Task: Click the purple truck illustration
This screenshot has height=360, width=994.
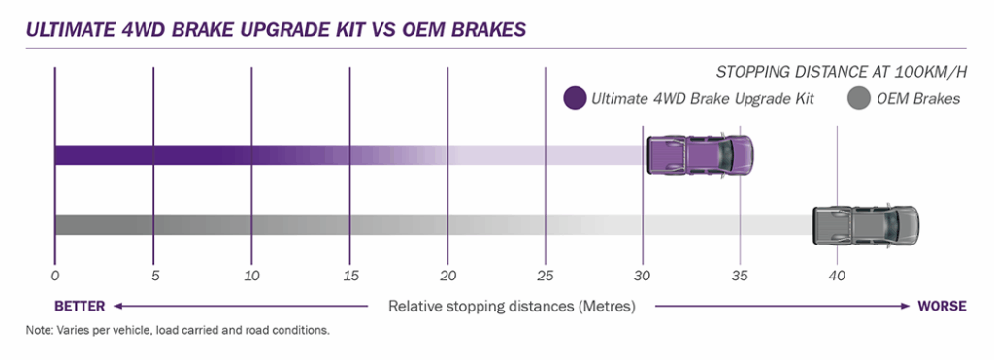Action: click(x=700, y=154)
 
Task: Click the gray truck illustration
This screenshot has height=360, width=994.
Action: click(x=865, y=225)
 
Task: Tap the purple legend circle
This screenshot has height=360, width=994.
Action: click(x=575, y=98)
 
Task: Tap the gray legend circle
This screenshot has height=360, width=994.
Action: click(x=858, y=99)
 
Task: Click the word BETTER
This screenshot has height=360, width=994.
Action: click(x=80, y=306)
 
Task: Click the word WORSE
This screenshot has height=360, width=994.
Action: click(x=942, y=306)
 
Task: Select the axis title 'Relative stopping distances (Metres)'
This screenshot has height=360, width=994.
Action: click(x=512, y=307)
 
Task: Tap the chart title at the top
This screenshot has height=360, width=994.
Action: click(x=276, y=30)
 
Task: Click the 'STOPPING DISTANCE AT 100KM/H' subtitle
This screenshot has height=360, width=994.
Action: click(x=842, y=72)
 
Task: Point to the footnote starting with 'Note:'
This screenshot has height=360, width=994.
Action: click(x=179, y=331)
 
